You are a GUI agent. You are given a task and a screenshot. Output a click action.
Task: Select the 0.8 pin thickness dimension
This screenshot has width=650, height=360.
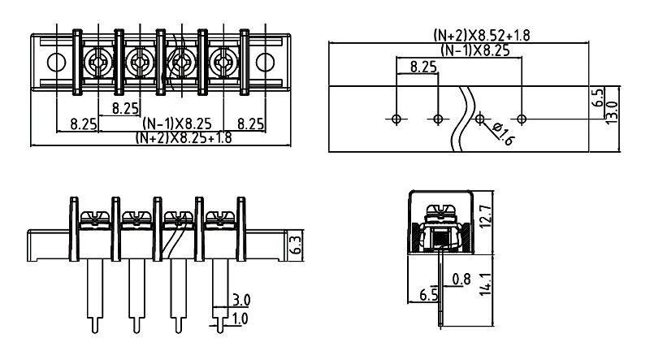point(461,281)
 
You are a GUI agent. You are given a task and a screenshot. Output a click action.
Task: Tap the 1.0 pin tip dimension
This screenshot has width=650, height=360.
point(240,318)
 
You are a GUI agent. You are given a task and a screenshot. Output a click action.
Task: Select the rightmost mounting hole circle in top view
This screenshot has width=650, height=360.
point(265,61)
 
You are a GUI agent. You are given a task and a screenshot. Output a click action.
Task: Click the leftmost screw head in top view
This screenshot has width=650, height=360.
point(98,61)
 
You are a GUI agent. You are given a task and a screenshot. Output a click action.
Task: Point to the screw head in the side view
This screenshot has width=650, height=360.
point(440,213)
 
